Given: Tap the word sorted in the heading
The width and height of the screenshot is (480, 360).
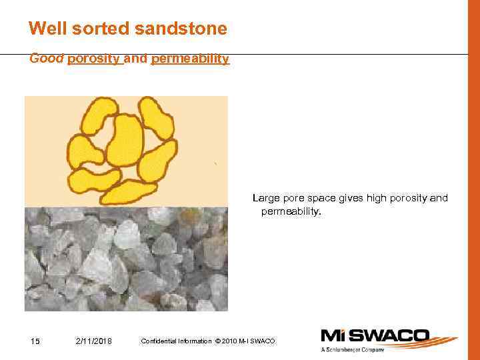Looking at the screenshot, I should (x=96, y=29).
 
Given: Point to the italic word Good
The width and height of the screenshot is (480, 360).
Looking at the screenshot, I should (x=47, y=59).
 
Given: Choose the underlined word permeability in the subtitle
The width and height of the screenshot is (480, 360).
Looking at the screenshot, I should (x=190, y=59).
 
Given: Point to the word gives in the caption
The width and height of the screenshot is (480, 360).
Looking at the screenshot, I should (x=351, y=198).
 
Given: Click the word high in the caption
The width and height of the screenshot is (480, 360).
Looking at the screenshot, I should (x=379, y=198).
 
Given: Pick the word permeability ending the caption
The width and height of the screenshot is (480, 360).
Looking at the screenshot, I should (x=291, y=211).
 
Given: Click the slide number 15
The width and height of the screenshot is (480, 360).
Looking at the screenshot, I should (x=36, y=341).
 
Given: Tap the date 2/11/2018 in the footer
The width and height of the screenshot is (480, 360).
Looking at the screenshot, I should (x=94, y=341).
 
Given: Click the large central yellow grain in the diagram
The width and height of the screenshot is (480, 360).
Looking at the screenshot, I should (x=125, y=140).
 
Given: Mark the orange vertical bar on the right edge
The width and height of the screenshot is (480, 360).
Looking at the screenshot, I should (x=473, y=180).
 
